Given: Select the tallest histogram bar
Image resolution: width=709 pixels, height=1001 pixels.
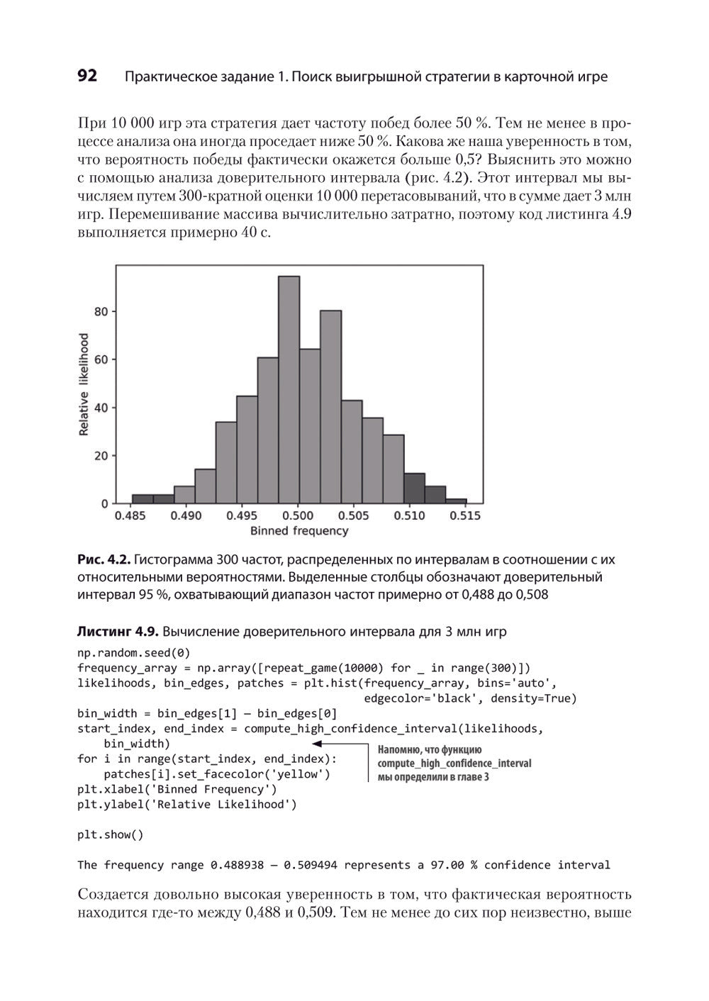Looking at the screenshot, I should (289, 390).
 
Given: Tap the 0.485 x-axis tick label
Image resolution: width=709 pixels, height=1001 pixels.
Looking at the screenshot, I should (131, 516).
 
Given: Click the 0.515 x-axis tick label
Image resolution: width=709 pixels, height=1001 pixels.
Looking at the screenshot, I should (465, 516).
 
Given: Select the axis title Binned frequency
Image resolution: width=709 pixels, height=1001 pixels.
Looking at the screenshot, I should (299, 531).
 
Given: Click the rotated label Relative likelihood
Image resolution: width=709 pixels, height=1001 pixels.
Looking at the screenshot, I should (84, 384).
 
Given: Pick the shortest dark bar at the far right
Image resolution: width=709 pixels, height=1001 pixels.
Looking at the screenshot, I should (456, 500).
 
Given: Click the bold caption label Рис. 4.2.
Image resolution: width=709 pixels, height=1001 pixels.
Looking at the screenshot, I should (103, 560).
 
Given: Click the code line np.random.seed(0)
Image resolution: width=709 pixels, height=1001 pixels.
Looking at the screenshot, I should (133, 653).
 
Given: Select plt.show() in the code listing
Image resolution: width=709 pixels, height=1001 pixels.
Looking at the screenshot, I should (110, 834).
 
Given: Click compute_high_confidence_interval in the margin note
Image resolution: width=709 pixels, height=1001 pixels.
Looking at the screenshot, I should (454, 764).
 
